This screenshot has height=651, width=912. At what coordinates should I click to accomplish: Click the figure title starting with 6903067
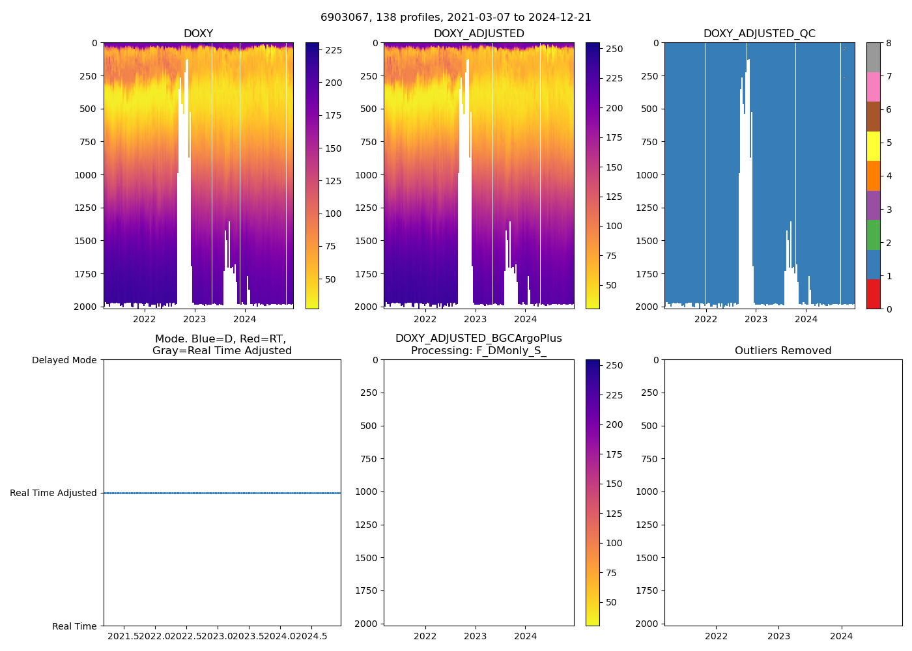pos(456,18)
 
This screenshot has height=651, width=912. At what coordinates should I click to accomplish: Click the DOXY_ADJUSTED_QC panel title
pos(759,34)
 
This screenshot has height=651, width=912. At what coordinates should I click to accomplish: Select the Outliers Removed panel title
pos(783,351)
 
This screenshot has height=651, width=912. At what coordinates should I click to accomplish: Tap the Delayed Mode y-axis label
pos(64,360)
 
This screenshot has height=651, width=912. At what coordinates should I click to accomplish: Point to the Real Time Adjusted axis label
pos(53,493)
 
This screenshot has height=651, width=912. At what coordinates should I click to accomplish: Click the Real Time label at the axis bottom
pos(74,626)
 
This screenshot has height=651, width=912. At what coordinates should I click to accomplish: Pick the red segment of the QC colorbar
pos(873,294)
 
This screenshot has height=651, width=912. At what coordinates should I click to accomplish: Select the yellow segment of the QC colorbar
pos(873,146)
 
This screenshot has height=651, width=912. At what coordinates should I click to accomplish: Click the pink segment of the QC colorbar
pos(873,87)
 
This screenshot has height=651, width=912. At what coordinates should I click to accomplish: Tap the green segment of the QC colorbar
pos(873,234)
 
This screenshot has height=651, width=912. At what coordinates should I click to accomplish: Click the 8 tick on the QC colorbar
pos(889,43)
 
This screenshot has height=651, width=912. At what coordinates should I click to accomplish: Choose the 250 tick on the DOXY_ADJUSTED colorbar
pos(614,49)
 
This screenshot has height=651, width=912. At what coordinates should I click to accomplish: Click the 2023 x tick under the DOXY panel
pos(195,319)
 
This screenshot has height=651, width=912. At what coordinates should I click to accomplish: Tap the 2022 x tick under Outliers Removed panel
pos(716,636)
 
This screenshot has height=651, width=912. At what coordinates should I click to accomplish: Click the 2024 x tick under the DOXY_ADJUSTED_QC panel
pos(806,319)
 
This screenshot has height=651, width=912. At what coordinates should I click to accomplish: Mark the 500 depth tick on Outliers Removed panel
pos(649,426)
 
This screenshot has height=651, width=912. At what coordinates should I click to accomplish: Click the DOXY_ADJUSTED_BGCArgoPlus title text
pos(478,339)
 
